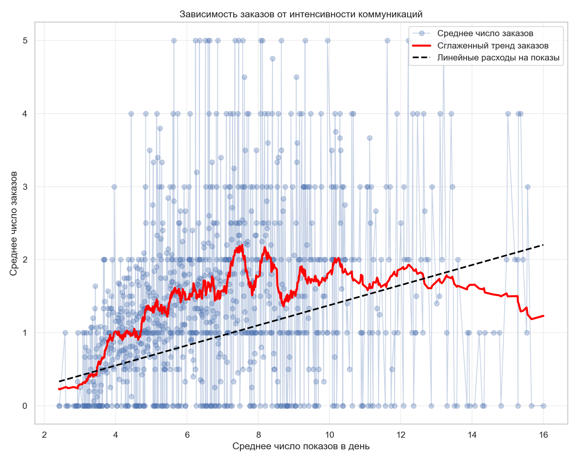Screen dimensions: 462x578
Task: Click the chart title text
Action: click(301, 15)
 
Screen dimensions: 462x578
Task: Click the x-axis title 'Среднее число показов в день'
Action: click(301, 446)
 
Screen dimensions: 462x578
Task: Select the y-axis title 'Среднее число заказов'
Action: click(14, 223)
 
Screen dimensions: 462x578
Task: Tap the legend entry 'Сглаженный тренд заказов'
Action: click(493, 46)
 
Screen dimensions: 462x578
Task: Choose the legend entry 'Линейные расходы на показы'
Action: click(498, 58)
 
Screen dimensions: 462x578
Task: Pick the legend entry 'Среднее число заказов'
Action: click(485, 33)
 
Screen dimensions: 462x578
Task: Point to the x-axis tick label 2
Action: click(44, 435)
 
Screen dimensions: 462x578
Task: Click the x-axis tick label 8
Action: click(258, 435)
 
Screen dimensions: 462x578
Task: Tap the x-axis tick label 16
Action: click(543, 435)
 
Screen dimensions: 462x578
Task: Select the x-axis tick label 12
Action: click(401, 435)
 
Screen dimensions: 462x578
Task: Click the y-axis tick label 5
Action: click(25, 40)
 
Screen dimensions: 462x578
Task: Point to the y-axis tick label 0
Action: click(25, 406)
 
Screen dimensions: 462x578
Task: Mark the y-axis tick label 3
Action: click(25, 187)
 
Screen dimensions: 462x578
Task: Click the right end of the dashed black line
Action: click(543, 245)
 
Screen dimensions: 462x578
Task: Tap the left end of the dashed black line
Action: click(59, 382)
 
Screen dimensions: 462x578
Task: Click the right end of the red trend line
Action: click(543, 316)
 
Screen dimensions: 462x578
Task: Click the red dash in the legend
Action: click(421, 46)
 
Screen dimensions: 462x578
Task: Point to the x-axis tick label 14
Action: click(472, 435)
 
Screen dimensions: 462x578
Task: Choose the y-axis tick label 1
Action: click(25, 333)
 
